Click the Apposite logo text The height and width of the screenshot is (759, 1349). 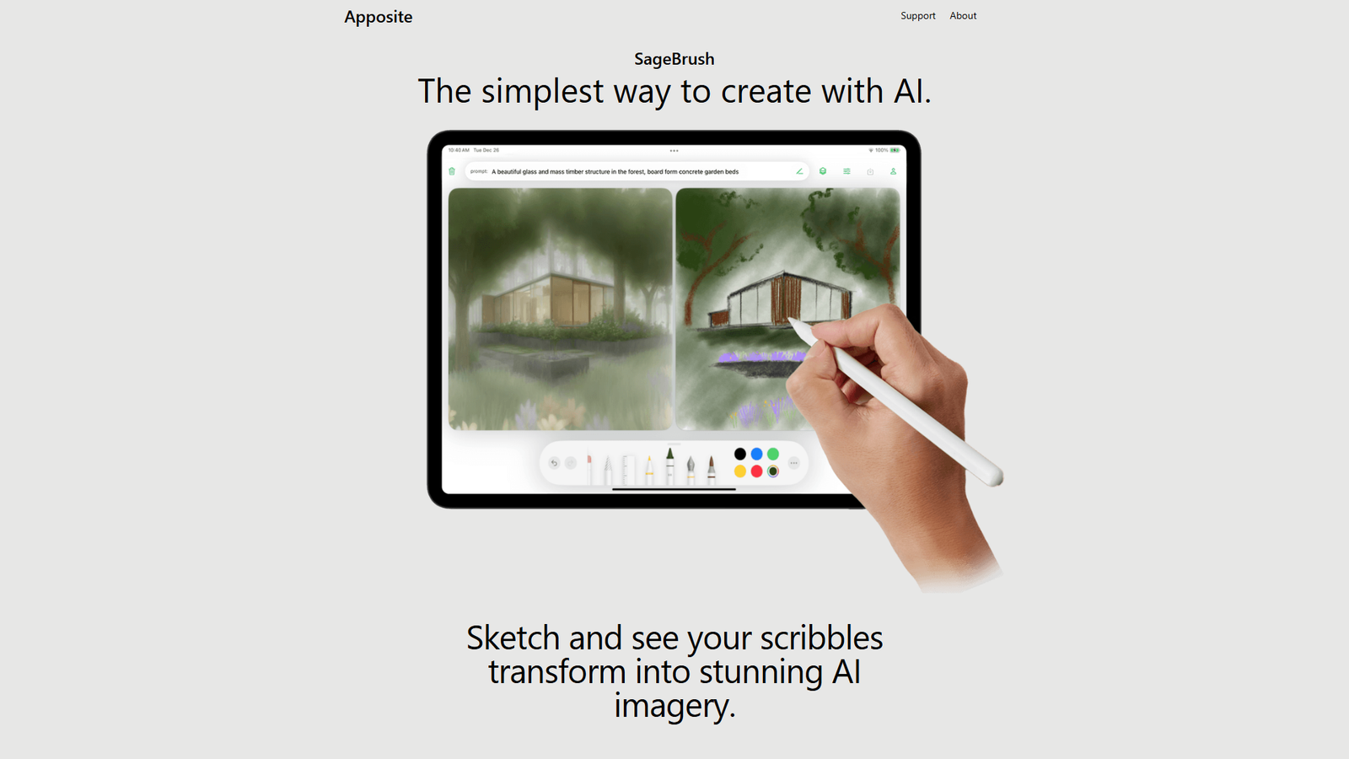(x=378, y=17)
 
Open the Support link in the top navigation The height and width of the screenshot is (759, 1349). (x=917, y=16)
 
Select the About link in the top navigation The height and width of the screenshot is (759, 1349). (x=963, y=16)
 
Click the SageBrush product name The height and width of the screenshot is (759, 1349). (x=674, y=59)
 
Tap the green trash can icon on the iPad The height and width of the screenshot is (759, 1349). (x=452, y=171)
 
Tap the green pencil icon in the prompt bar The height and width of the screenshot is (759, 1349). (x=799, y=171)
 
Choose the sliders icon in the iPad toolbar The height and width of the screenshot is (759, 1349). (x=846, y=171)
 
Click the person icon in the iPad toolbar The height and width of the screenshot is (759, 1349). (x=893, y=171)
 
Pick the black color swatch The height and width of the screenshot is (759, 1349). (x=739, y=455)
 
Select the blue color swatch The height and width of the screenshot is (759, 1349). (x=756, y=455)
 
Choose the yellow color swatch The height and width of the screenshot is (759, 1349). (x=739, y=471)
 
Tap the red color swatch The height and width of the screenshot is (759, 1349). (x=756, y=471)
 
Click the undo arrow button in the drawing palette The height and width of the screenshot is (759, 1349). (x=554, y=463)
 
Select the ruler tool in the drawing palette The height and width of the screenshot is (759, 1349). (x=627, y=469)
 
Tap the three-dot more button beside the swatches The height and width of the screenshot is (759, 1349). (x=793, y=463)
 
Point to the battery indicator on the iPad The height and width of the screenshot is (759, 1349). (x=895, y=150)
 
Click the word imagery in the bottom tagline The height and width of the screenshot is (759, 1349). (x=674, y=706)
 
